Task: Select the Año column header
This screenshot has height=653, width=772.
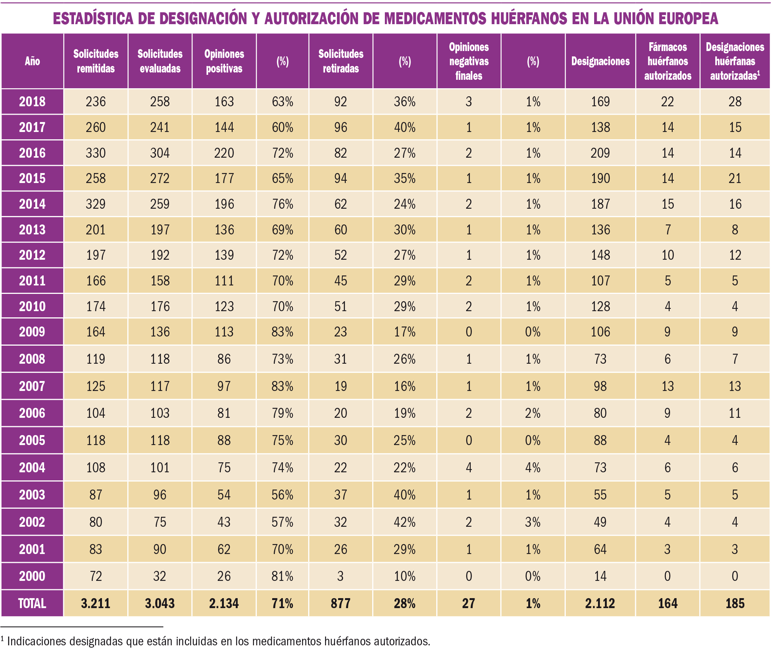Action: coord(32,61)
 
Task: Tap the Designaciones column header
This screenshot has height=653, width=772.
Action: coord(600,61)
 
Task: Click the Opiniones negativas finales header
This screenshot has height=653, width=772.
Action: coord(468,61)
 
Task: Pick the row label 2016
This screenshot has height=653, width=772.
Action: coord(32,153)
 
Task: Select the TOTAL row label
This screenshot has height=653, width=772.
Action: coord(32,603)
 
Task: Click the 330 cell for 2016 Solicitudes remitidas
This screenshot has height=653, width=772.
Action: coord(95,153)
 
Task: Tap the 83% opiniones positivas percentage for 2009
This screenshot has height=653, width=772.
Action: coord(283,331)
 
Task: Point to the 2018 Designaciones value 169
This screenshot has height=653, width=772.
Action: coord(600,102)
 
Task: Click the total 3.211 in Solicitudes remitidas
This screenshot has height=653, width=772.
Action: coord(95,603)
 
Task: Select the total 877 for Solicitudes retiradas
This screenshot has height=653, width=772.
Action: coord(340,603)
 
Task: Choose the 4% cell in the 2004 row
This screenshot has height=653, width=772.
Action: coord(532,467)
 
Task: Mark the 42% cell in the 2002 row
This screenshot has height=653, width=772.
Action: coord(404,522)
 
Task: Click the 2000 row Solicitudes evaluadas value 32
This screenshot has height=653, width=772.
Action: coord(159,576)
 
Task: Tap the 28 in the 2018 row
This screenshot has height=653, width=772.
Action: coord(735,102)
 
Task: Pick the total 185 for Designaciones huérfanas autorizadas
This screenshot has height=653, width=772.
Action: coord(735,603)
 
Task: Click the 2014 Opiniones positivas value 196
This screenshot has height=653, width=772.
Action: coord(224,204)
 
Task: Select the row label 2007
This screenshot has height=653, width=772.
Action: coord(32,386)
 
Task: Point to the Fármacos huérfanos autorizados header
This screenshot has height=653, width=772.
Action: coord(667,61)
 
